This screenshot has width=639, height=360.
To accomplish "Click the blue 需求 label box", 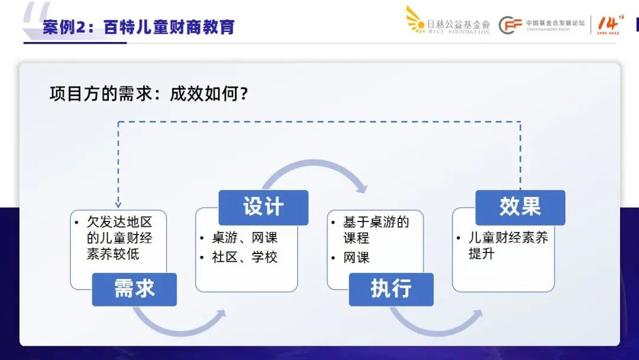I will [134, 289].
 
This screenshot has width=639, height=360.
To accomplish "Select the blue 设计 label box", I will [263, 207].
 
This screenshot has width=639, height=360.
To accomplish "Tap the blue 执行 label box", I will [390, 289].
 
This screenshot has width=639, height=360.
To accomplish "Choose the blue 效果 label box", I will [520, 207].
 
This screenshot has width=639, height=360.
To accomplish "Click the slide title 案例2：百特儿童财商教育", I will [138, 27].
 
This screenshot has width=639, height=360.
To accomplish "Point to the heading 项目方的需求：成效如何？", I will [149, 94].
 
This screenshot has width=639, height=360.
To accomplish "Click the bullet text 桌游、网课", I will [244, 238].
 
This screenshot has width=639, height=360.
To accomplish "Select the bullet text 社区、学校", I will [244, 258].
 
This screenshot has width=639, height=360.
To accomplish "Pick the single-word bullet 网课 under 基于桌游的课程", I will [356, 258].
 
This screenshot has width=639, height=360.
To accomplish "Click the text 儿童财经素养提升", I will [508, 246].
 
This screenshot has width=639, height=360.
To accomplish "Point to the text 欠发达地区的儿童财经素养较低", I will [119, 238].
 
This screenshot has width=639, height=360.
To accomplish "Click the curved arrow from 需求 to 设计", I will [178, 323].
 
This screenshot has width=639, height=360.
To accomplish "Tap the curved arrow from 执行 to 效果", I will [434, 324].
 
